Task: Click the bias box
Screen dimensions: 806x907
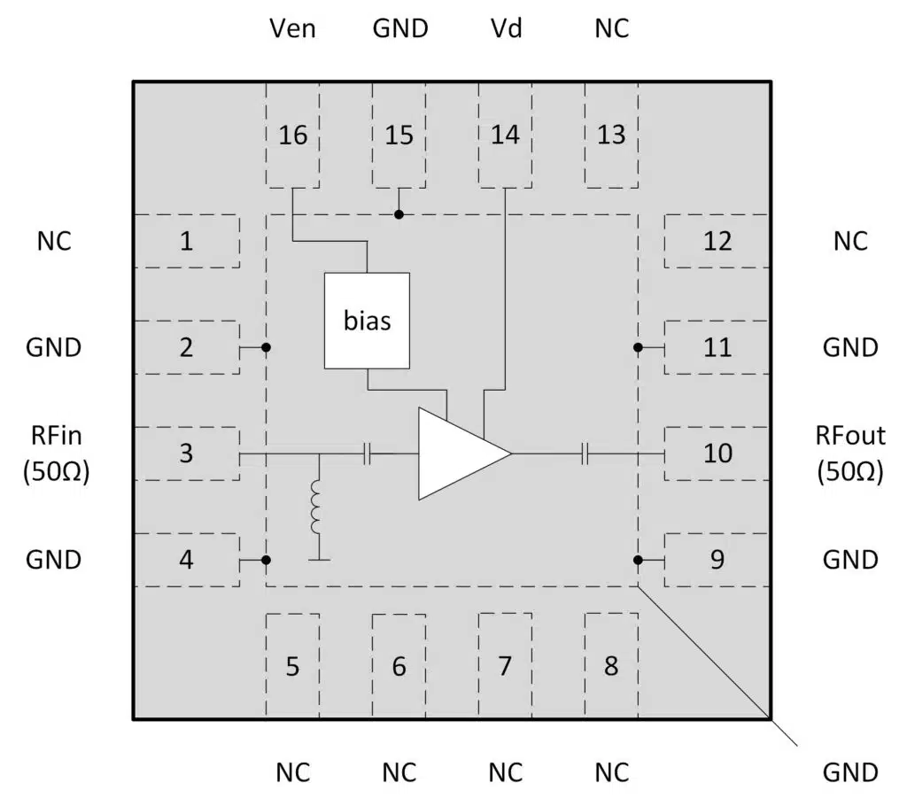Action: point(367,321)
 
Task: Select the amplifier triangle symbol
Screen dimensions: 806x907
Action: point(459,453)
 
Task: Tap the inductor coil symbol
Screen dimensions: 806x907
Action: point(316,508)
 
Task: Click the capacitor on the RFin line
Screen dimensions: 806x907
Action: point(368,454)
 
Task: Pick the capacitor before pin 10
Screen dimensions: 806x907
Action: point(585,454)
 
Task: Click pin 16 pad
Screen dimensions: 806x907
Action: point(293,136)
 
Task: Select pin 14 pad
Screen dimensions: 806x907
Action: point(505,136)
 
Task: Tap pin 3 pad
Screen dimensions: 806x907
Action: point(186,453)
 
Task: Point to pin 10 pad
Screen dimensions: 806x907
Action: point(717,453)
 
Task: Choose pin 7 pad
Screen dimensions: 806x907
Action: point(505,665)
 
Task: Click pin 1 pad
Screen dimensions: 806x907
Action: point(186,241)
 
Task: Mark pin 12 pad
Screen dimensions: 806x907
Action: point(717,241)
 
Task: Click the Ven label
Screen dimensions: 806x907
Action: point(292,28)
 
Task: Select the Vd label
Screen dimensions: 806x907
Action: point(505,28)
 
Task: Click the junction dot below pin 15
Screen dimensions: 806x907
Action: point(399,214)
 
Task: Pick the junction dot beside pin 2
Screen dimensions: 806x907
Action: point(266,347)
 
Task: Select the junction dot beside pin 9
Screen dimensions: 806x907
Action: point(638,560)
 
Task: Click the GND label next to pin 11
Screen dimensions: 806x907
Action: point(850,347)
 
